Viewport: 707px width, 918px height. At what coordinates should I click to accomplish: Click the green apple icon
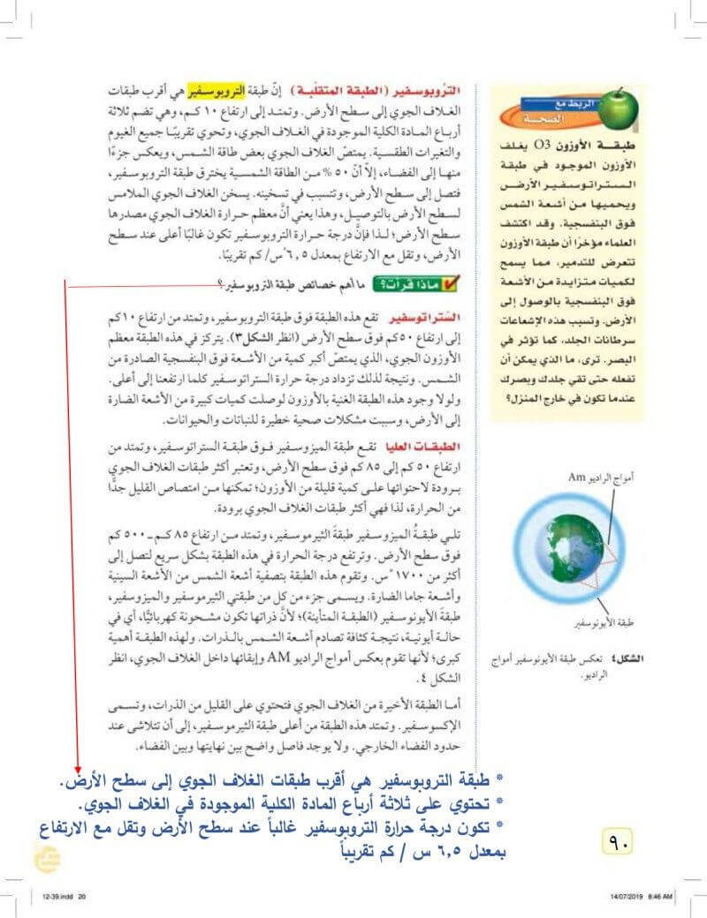click(x=618, y=107)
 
